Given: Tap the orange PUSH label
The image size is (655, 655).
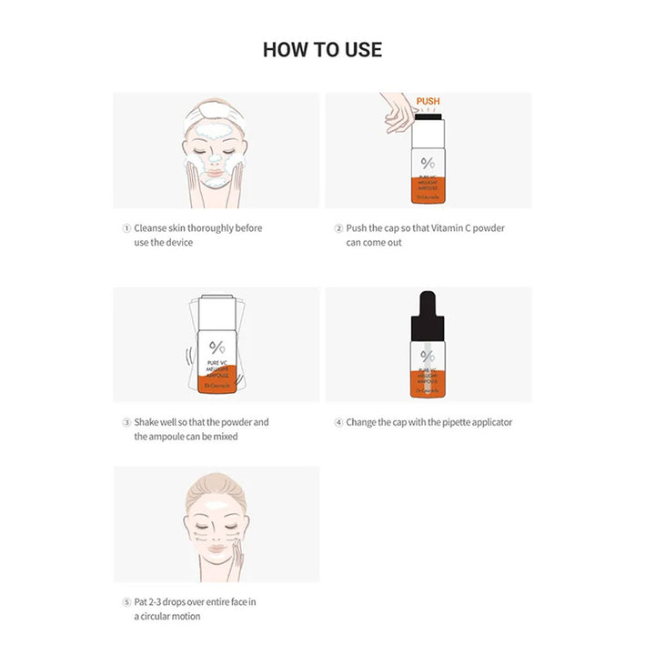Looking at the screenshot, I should tap(428, 102).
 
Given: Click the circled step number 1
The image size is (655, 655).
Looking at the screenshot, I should tap(126, 228).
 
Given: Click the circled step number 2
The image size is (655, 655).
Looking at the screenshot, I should tap(338, 228).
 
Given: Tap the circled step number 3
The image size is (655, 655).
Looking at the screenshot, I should tap(126, 422).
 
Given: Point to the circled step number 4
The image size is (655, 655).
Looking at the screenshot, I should tap(338, 422).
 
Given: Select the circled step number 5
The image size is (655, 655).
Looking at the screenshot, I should tap(126, 601).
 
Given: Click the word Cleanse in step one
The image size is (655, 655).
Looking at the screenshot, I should tap(153, 228).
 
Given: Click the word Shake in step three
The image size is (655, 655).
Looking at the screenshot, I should tap(148, 422).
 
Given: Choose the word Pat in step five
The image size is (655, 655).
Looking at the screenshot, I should tap(143, 601).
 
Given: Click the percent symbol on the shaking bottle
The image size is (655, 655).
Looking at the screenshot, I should tap(217, 348).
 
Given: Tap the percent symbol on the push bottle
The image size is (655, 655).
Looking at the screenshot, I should tap(428, 164).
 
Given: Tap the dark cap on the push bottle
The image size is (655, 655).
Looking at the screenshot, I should tap(428, 116).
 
